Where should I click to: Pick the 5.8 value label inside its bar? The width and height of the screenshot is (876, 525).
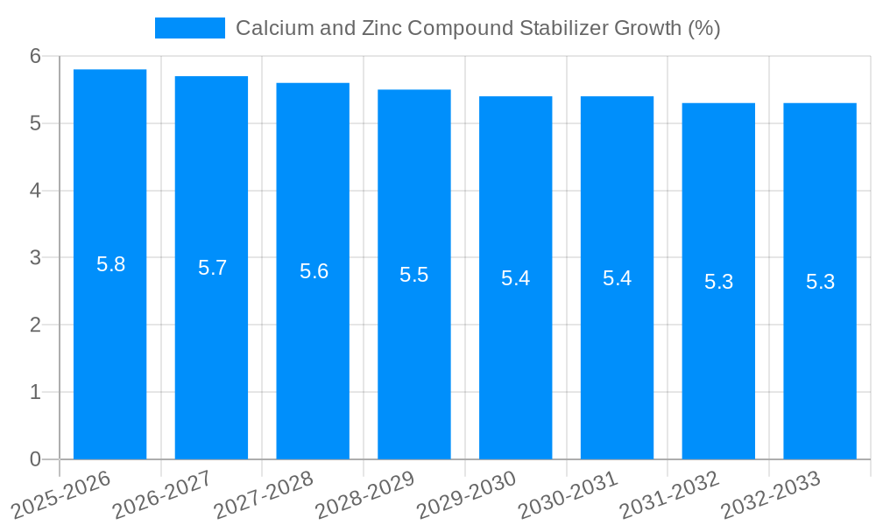pos(111,264)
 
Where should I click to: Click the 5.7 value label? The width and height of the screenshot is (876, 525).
pos(213,268)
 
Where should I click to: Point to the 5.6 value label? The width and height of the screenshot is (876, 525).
pos(314,271)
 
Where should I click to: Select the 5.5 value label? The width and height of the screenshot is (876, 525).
pos(414,275)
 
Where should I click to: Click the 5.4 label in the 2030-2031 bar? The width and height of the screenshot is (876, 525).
pos(618,278)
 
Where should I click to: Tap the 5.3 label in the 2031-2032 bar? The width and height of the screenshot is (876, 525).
pos(718,282)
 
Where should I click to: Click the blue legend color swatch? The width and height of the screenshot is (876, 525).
pos(190,28)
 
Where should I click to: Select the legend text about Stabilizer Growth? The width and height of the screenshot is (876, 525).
pos(477,28)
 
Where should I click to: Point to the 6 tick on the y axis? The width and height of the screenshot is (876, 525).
pos(36,56)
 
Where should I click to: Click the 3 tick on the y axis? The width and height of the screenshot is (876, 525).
pos(36,258)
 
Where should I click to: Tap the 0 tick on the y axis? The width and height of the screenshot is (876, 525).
pos(36,459)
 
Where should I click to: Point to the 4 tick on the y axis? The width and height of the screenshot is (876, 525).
pos(36,191)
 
